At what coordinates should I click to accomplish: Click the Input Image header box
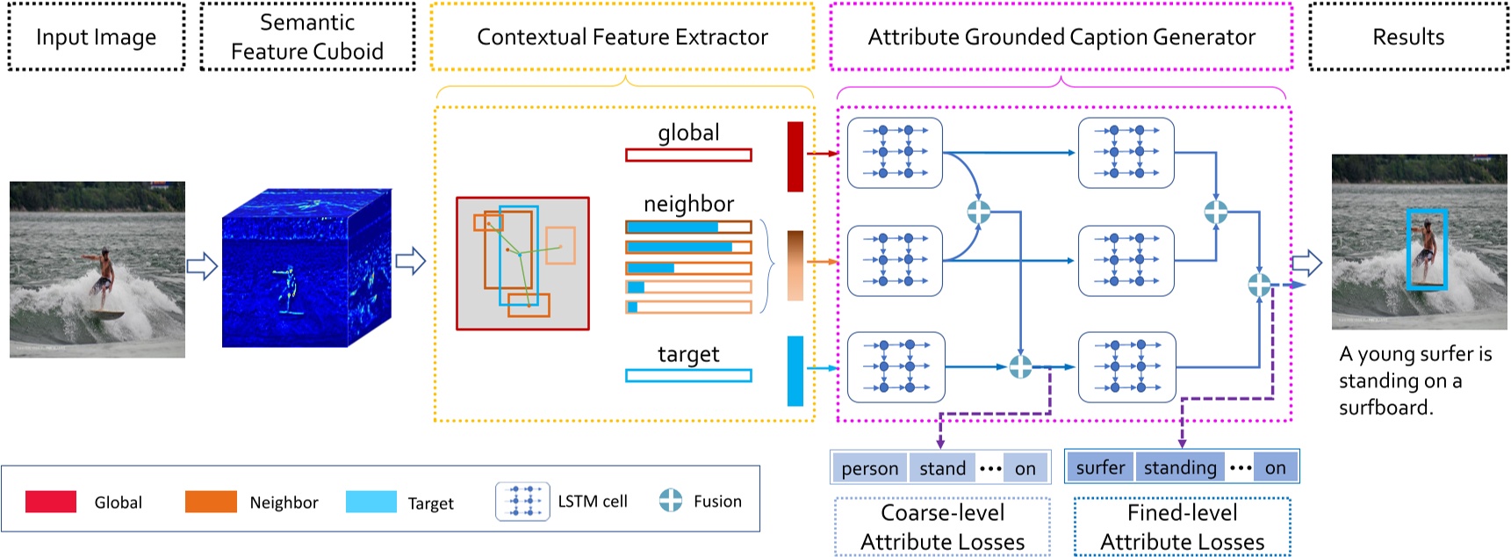pyautogui.click(x=96, y=37)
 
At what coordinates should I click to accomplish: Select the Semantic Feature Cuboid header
pyautogui.click(x=307, y=37)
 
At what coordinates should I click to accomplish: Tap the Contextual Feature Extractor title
pyautogui.click(x=622, y=37)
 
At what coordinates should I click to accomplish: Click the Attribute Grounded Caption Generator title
pyautogui.click(x=1061, y=37)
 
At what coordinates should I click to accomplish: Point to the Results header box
pyautogui.click(x=1407, y=37)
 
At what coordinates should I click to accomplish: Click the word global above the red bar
pyautogui.click(x=688, y=133)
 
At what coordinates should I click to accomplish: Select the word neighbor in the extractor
pyautogui.click(x=688, y=204)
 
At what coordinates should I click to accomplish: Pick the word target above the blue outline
pyautogui.click(x=688, y=354)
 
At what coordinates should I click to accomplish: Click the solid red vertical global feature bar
pyautogui.click(x=795, y=156)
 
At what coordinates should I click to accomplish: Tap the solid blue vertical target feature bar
pyautogui.click(x=795, y=370)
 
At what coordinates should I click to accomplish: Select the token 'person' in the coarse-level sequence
pyautogui.click(x=869, y=468)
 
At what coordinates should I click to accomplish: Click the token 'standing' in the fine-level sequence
pyautogui.click(x=1180, y=467)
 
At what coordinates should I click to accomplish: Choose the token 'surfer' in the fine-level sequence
pyautogui.click(x=1100, y=467)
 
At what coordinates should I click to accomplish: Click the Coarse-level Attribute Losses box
pyautogui.click(x=942, y=527)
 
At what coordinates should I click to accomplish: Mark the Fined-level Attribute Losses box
pyautogui.click(x=1182, y=527)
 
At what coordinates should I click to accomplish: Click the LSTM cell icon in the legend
pyautogui.click(x=522, y=502)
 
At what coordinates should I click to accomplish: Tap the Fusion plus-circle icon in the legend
pyautogui.click(x=671, y=501)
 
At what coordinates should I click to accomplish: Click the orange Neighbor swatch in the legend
pyautogui.click(x=211, y=502)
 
